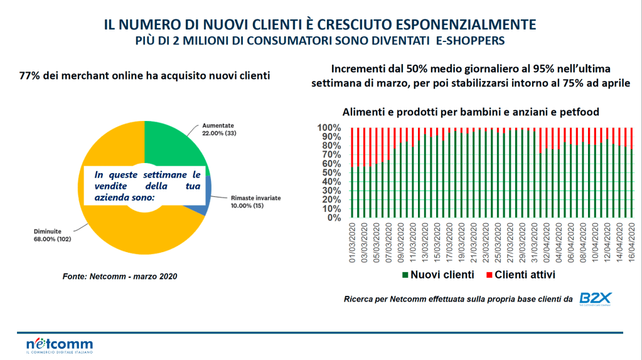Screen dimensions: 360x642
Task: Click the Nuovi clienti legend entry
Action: coord(437,275)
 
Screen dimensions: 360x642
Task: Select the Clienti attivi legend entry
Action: coord(520,275)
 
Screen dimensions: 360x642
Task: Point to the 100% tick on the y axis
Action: coord(329,128)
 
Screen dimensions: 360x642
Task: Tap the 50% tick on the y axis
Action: coord(331,173)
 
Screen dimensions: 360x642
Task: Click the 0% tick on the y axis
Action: coord(334,218)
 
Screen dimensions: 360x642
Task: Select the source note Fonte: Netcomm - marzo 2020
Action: coord(119,276)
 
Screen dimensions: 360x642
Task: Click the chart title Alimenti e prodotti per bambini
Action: coord(471,112)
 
